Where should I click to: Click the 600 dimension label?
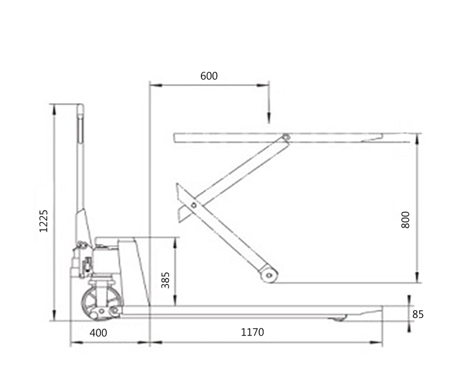[x=209, y=76]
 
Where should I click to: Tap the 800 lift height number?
[x=405, y=220]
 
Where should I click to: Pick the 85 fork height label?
[x=418, y=314]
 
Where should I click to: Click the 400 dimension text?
[x=98, y=333]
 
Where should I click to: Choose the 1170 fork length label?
[x=253, y=332]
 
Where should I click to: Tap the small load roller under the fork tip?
[x=337, y=318]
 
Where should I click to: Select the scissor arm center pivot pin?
[x=194, y=205]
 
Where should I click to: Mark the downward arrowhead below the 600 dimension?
[x=269, y=118]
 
